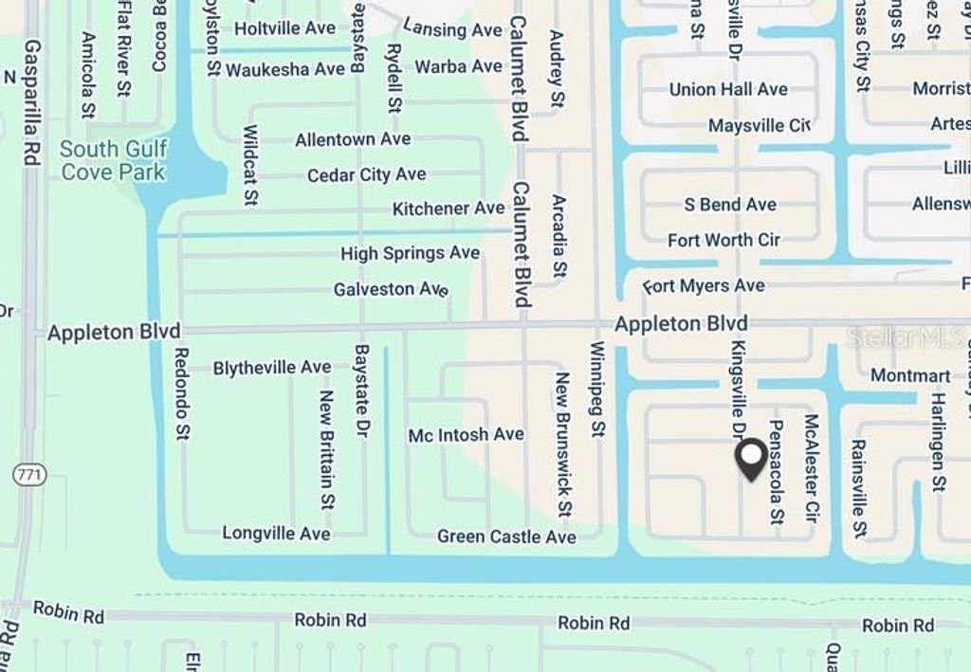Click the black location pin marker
click(x=751, y=460)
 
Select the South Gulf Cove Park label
click(x=113, y=160)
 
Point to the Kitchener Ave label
click(x=449, y=209)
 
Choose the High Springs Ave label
click(x=410, y=253)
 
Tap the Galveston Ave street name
click(x=390, y=289)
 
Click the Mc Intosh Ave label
click(x=466, y=435)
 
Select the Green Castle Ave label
click(x=506, y=536)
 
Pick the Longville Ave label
click(x=276, y=534)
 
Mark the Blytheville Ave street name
click(x=272, y=368)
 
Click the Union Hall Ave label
click(x=728, y=89)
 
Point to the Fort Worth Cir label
click(x=724, y=240)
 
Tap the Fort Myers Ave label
click(x=704, y=285)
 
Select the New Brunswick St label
click(x=562, y=444)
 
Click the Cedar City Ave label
click(x=366, y=175)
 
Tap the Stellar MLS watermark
click(x=907, y=336)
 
